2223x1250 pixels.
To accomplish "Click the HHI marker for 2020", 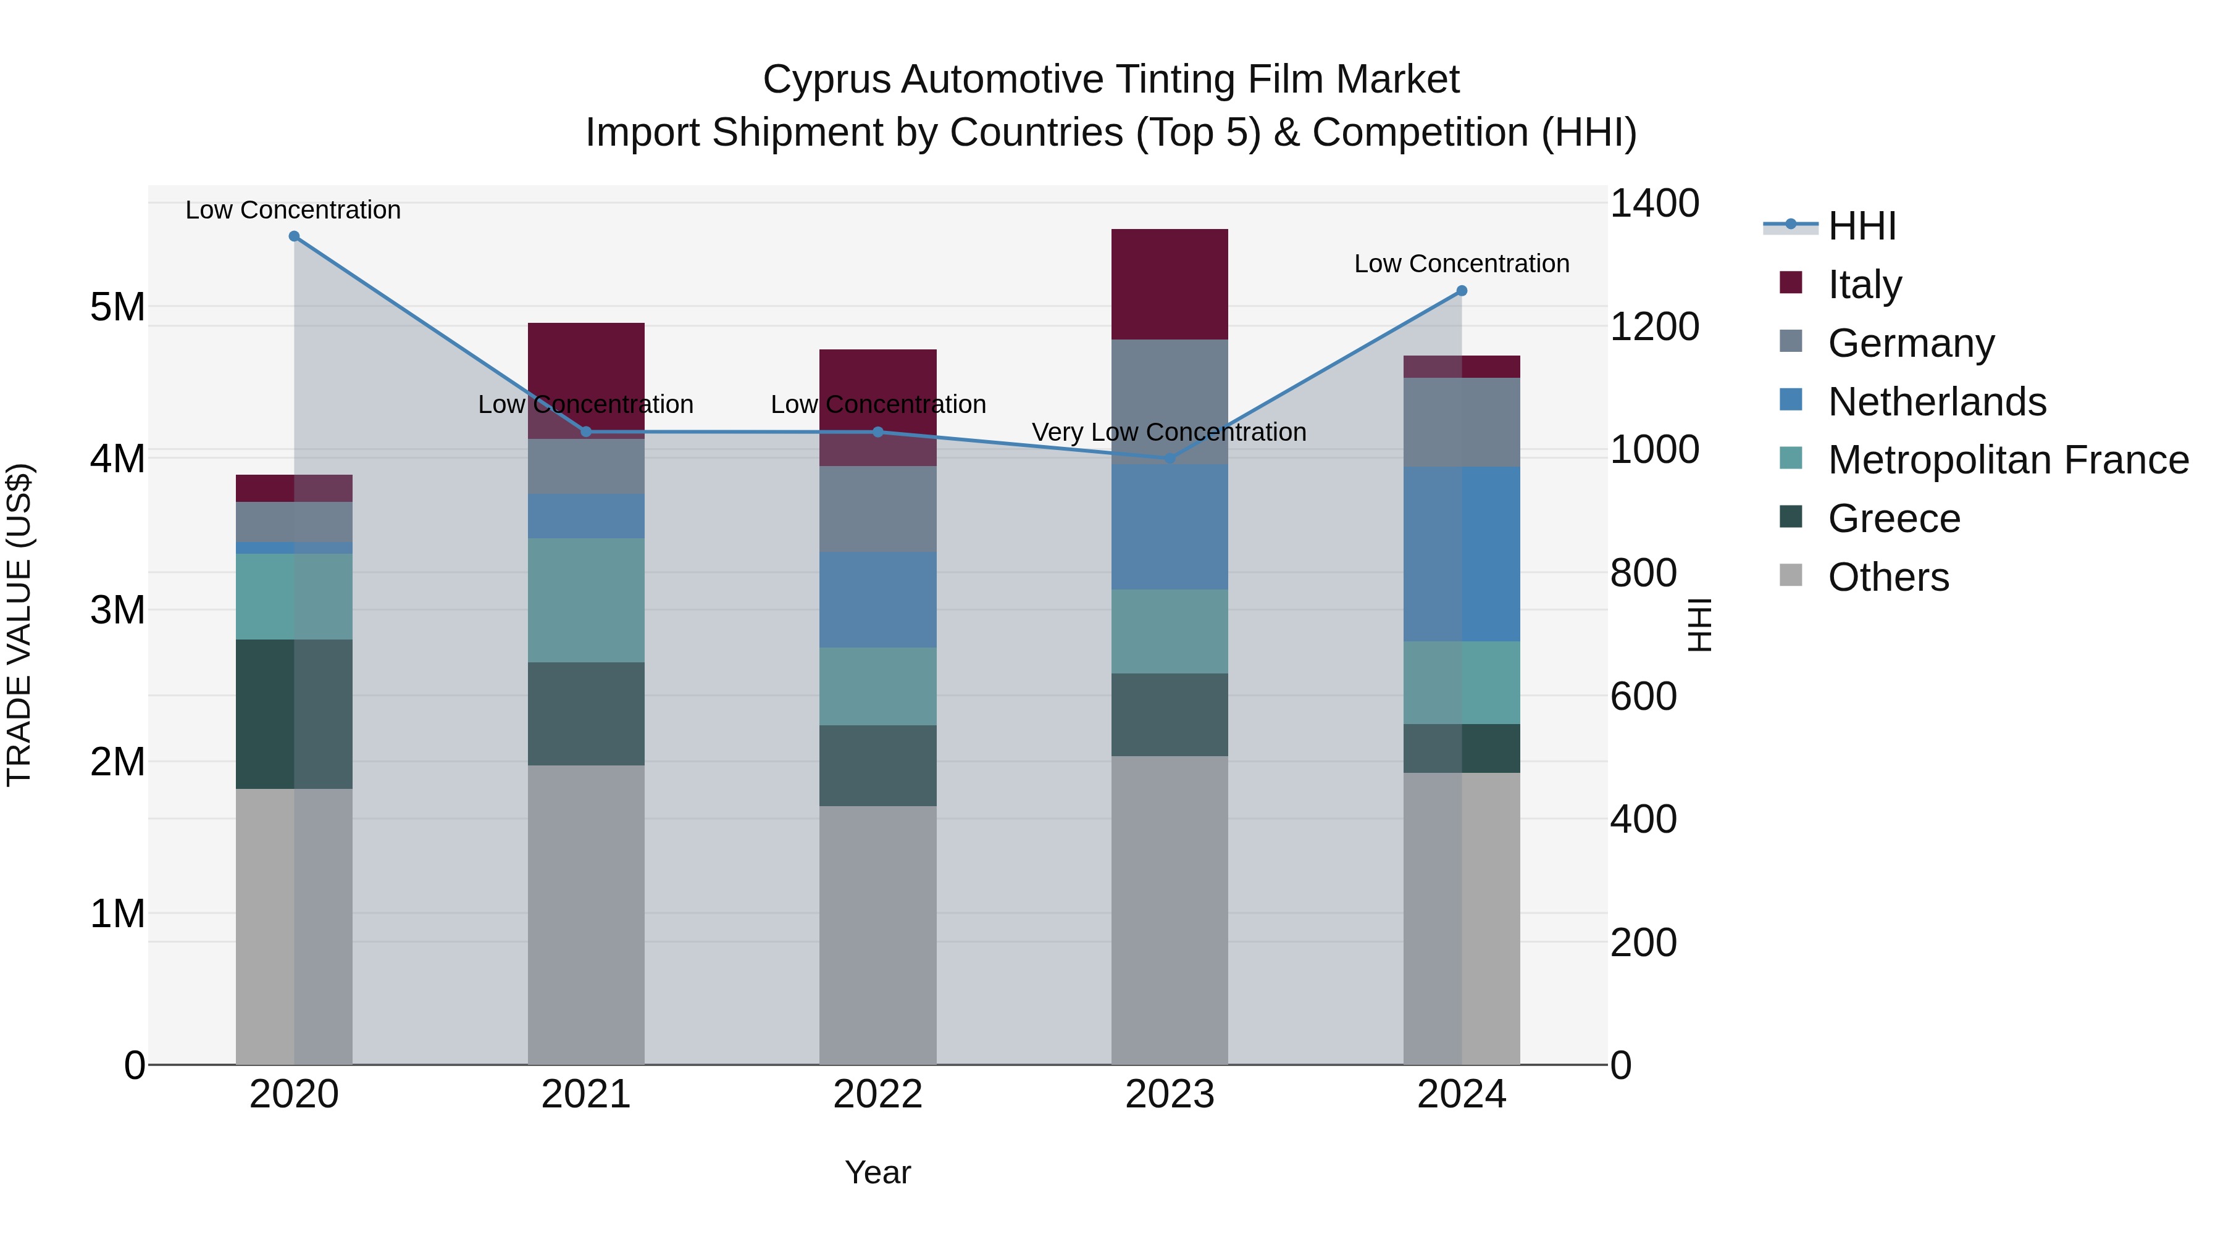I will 295,236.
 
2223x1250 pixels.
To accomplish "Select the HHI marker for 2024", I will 1462,291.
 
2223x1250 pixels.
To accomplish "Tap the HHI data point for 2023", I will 1170,458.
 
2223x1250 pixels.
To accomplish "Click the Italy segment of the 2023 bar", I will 1170,284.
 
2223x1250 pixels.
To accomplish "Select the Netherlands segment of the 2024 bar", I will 1462,554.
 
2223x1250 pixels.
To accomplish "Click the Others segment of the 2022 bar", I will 877,935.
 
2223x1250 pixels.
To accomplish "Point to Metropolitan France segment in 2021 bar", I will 586,601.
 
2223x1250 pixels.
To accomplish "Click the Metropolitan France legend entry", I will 2007,460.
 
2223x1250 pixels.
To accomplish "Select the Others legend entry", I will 1888,577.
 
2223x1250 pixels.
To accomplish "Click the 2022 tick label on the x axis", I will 877,1094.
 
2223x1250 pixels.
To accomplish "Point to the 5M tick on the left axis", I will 117,307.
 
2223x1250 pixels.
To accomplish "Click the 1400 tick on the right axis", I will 1654,204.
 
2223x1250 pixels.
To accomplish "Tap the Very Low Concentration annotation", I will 1170,432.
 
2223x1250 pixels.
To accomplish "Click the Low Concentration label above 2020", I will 293,210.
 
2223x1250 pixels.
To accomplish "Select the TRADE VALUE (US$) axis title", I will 19,625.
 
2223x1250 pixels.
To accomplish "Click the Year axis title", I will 877,1172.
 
